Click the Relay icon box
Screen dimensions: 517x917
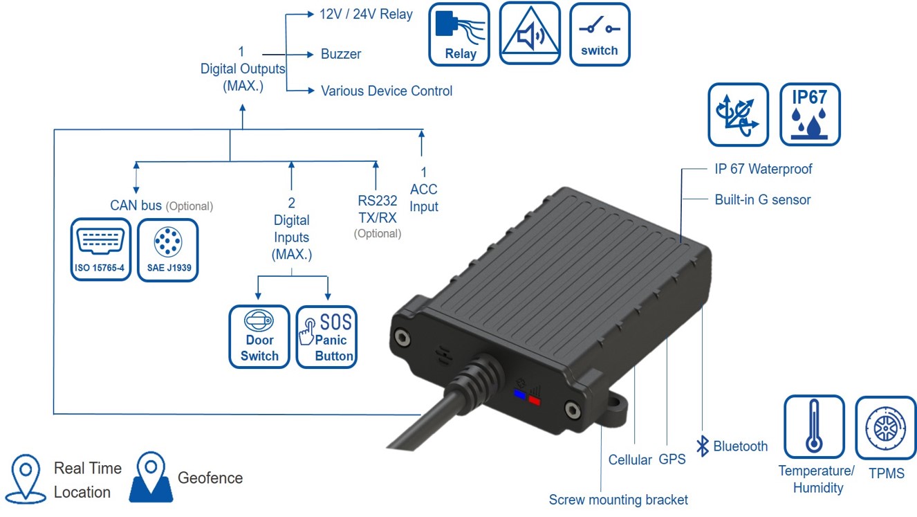tap(459, 35)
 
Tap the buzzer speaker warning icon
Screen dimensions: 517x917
tap(530, 35)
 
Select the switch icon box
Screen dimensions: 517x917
tap(600, 35)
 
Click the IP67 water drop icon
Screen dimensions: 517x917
tap(810, 115)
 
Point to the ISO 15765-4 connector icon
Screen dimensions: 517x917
tap(101, 250)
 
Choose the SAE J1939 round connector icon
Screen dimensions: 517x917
tap(167, 250)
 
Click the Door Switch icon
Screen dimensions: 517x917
tap(259, 337)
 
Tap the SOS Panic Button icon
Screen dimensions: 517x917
tap(327, 337)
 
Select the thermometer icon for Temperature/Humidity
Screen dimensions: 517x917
tap(813, 427)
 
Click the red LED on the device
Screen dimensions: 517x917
tap(534, 399)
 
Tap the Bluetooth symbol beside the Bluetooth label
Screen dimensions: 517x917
tap(703, 446)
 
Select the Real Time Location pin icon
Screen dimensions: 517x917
tap(26, 478)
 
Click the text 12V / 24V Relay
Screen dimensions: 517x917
tap(366, 15)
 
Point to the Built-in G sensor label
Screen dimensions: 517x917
tap(762, 200)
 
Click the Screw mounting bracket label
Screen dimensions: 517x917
tap(618, 500)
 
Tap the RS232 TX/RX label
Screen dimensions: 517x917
tap(377, 208)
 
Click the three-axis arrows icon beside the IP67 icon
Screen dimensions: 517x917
tap(738, 115)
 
